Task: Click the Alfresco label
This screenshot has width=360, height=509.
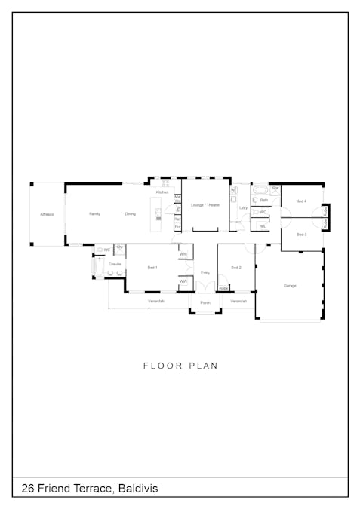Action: tap(47, 214)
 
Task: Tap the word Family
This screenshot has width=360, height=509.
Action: tap(95, 214)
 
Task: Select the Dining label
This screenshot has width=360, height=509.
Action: tap(131, 214)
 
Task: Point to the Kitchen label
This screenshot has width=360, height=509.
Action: tap(162, 192)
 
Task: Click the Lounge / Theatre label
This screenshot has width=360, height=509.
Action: tap(205, 205)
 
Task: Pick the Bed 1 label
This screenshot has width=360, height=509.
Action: tap(152, 268)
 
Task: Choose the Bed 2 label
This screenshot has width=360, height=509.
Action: tap(236, 268)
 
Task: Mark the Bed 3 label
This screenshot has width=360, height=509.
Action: tap(301, 235)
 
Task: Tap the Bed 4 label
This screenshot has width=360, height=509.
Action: tap(301, 201)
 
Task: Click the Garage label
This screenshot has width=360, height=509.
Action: tap(290, 286)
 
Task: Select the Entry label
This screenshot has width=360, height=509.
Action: tap(205, 273)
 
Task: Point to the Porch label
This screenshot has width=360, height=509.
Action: tap(205, 303)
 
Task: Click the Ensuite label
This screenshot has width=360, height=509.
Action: tap(115, 265)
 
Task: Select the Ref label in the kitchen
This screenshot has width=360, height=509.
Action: tap(177, 219)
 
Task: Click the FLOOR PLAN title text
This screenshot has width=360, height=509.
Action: tap(180, 366)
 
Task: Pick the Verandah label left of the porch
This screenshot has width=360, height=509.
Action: tap(156, 301)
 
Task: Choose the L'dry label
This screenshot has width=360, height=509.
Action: tap(244, 207)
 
